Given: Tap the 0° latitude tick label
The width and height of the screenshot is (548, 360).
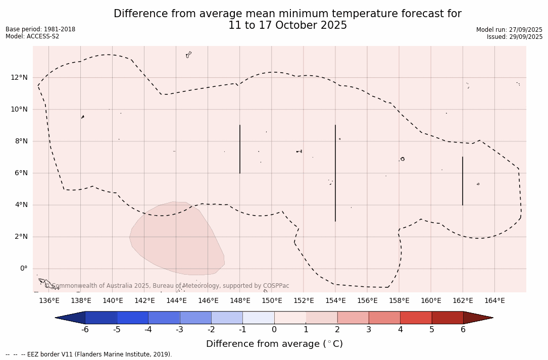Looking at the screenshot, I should point(23,269).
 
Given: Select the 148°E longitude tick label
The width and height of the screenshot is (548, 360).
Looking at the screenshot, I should point(240,301).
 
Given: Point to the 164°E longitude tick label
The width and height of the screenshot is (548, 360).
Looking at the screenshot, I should point(494,301).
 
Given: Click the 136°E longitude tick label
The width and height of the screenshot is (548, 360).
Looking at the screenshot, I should point(49,301).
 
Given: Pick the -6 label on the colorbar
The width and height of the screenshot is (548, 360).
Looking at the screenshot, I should point(85,330).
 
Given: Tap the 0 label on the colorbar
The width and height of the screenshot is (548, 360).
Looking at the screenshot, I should point(274,330).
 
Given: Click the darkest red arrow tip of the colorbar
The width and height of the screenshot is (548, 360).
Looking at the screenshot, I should point(477,318).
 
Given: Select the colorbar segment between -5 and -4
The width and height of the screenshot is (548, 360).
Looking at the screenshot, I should point(132,318).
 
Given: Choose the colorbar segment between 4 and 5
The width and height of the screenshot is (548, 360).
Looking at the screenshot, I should point(416,318).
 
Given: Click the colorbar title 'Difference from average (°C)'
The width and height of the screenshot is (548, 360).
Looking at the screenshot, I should point(274,344).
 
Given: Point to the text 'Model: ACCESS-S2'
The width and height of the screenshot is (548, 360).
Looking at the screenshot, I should point(32,36).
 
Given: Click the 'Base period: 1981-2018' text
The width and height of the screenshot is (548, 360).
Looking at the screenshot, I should point(40,29).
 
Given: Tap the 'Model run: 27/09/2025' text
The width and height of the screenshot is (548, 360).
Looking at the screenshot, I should point(509,30).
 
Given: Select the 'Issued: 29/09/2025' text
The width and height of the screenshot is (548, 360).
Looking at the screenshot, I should point(515,37).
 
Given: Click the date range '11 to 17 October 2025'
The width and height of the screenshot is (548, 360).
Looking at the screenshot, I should point(287,26).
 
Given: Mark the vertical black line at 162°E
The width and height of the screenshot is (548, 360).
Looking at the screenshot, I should point(463,181).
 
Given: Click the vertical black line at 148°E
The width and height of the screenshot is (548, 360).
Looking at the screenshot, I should point(240,149).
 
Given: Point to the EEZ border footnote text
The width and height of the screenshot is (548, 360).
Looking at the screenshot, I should point(89,354).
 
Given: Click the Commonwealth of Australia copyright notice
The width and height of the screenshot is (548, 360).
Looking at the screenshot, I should point(167,286).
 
